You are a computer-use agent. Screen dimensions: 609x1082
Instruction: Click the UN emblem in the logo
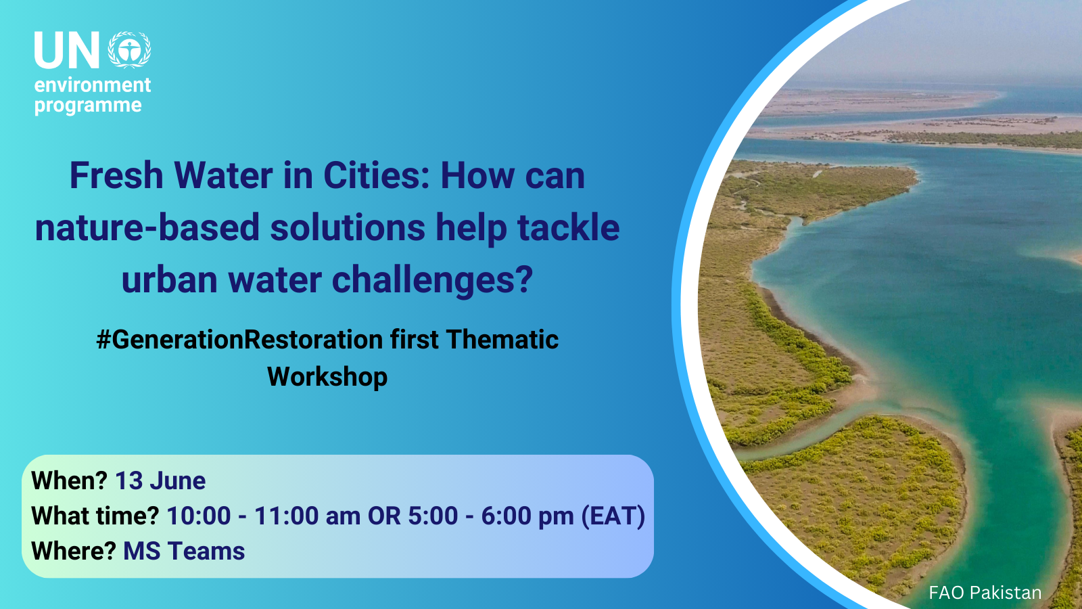(129, 50)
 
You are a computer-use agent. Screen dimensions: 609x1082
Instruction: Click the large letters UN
(67, 51)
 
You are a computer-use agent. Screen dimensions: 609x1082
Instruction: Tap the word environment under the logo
(93, 85)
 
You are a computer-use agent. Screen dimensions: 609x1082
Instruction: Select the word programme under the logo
(88, 106)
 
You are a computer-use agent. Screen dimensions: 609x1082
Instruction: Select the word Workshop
(327, 377)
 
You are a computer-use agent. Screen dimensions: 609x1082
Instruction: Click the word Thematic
(502, 340)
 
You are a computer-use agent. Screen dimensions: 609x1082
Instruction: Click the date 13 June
(160, 481)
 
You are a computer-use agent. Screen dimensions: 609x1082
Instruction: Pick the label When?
(69, 481)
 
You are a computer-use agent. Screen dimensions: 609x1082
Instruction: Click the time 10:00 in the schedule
(199, 516)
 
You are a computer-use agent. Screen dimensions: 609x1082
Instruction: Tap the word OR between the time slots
(384, 516)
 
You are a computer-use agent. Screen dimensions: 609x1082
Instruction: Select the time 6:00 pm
(527, 516)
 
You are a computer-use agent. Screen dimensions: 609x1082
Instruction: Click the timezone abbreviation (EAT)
(613, 516)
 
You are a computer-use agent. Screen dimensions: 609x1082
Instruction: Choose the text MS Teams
(184, 551)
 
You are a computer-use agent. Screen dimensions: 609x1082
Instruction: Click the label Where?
(74, 551)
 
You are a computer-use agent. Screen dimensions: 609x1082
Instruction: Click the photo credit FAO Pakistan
(985, 593)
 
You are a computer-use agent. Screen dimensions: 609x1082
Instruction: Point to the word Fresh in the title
(116, 176)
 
